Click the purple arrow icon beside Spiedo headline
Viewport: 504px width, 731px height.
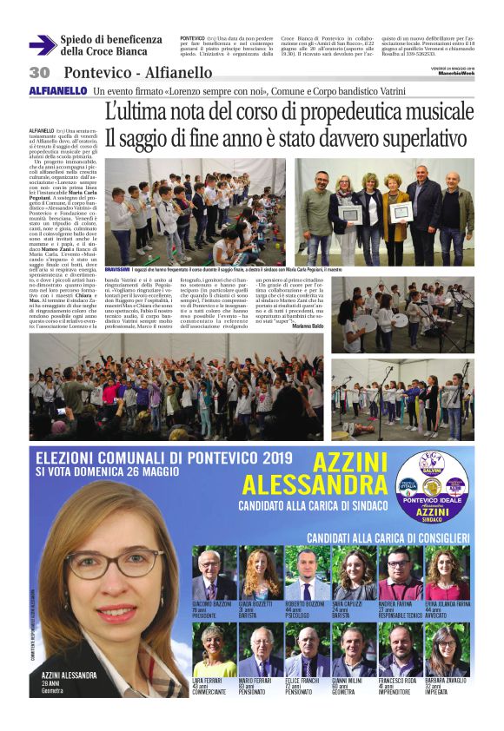[42, 45]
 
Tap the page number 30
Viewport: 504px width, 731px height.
[40, 72]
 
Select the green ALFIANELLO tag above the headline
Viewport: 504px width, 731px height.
[58, 90]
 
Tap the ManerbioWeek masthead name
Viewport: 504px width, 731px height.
[455, 74]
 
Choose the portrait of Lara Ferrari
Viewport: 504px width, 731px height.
[213, 649]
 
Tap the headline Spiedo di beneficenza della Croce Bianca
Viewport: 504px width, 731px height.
[111, 45]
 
